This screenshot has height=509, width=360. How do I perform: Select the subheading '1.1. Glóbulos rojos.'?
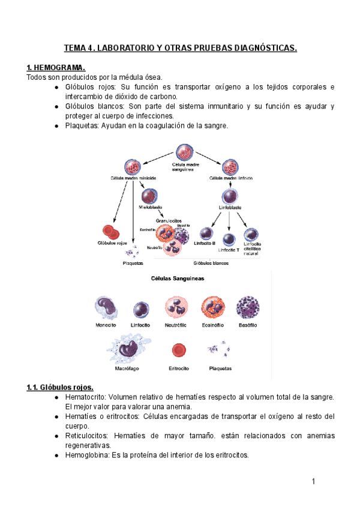(x=60, y=387)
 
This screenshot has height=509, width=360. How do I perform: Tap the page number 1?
(x=313, y=481)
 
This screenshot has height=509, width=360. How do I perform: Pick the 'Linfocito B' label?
(x=206, y=244)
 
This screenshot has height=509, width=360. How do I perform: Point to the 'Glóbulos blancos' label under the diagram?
(x=211, y=262)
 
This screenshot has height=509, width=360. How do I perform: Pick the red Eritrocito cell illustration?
(x=178, y=350)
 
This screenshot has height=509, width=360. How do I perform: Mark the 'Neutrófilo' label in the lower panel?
(x=176, y=325)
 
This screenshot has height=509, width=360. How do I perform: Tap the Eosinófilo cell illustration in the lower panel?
(x=213, y=307)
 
